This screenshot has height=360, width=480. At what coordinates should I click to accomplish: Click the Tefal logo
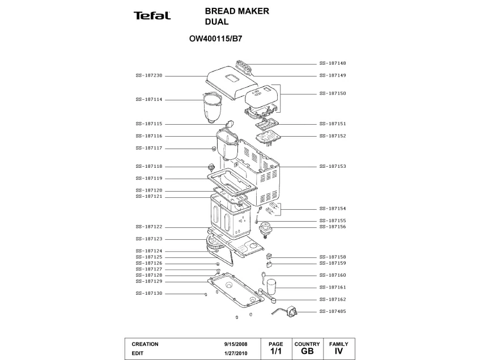(152, 16)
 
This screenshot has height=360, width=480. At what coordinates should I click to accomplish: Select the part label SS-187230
(149, 75)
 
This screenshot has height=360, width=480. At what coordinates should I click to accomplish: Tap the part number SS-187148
(333, 63)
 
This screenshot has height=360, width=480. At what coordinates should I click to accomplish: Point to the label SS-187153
(333, 167)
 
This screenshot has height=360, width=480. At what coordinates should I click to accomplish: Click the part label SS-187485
(333, 312)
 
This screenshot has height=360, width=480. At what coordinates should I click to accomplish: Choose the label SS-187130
(149, 294)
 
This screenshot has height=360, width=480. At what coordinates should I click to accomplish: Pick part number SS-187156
(333, 227)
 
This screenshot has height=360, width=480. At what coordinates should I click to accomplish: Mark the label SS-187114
(149, 99)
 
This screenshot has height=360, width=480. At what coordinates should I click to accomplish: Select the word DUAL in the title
(216, 22)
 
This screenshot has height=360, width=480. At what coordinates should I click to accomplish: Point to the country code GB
(307, 352)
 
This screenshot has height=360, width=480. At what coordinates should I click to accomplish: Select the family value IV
(339, 352)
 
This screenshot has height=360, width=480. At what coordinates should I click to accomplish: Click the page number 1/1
(275, 352)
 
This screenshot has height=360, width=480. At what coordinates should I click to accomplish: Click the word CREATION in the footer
(145, 344)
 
